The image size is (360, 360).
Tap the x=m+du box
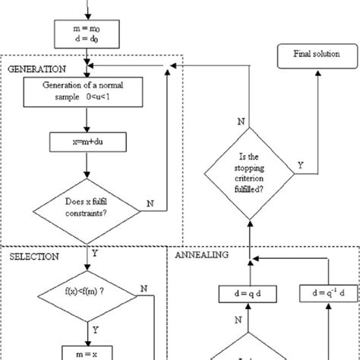coord(90,142)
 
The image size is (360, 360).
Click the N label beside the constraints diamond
coord(150,203)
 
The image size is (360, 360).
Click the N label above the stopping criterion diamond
coord(242,121)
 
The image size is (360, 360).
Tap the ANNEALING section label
coord(201,257)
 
